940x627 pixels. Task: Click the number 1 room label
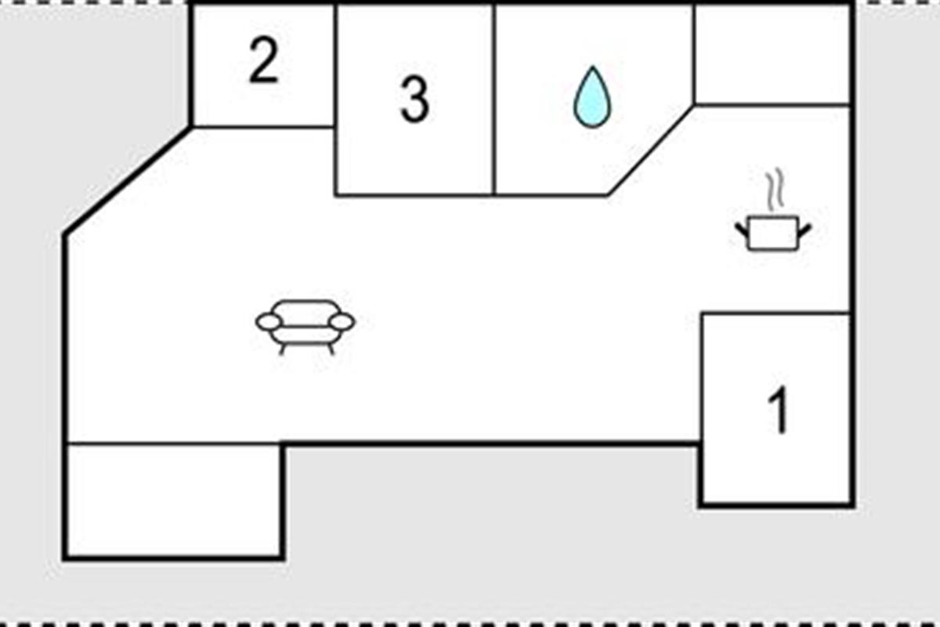(x=779, y=409)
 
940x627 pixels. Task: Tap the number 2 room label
(x=263, y=60)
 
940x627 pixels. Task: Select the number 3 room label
(x=415, y=100)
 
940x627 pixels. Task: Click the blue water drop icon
(x=592, y=97)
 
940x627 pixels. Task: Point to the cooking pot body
(x=773, y=234)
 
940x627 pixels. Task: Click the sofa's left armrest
(x=269, y=322)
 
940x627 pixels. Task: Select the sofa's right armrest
(x=342, y=322)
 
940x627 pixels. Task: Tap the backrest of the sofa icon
(x=305, y=313)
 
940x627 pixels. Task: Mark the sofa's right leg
(x=331, y=349)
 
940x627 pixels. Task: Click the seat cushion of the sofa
(x=305, y=335)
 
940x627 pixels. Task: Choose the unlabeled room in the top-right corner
(x=772, y=54)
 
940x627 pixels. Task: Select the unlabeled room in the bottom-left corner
(x=174, y=501)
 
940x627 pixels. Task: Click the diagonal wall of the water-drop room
(x=650, y=150)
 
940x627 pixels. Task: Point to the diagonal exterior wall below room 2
(x=127, y=180)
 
